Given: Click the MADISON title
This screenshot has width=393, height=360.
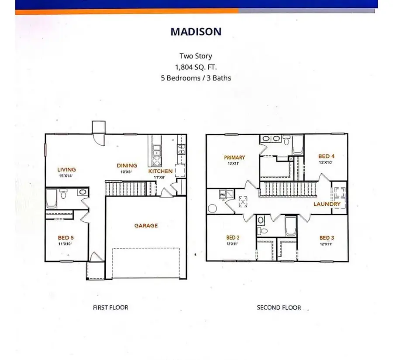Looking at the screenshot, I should [x=196, y=31].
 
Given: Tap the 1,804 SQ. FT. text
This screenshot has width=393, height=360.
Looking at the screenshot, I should [x=196, y=67].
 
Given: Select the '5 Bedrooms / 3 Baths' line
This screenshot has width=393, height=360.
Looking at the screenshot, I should [x=196, y=78].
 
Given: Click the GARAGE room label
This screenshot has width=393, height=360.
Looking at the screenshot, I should [x=146, y=226].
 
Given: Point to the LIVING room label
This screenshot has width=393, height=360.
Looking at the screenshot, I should [x=66, y=169].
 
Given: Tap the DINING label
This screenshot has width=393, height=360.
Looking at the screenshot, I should [x=127, y=165].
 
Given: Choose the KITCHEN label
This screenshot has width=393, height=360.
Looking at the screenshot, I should [x=160, y=171].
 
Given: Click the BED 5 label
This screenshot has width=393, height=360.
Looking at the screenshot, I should [x=66, y=238].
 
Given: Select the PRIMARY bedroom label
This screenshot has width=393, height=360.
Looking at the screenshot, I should [x=234, y=158].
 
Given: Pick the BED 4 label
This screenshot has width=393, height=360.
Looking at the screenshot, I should [x=326, y=156].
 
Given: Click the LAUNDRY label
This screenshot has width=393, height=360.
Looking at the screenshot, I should [x=327, y=204].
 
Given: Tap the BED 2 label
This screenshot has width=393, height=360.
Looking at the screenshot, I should [x=232, y=238].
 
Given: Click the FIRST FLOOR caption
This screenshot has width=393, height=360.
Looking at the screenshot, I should [x=110, y=307].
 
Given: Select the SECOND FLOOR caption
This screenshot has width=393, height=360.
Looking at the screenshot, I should [x=279, y=307].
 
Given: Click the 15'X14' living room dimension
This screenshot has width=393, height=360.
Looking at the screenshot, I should [x=66, y=176].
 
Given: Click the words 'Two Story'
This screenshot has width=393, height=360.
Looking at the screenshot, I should [x=196, y=56].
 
